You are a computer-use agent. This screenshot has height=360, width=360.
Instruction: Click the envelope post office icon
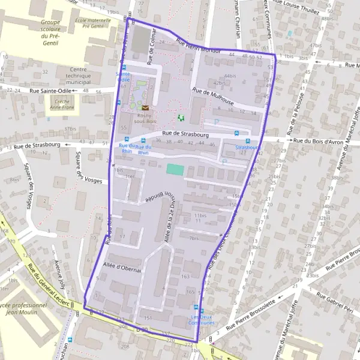click(x=145, y=107)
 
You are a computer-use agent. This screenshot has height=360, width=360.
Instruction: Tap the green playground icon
click(x=181, y=118)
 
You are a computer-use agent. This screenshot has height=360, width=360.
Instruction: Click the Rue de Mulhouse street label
click(x=213, y=96)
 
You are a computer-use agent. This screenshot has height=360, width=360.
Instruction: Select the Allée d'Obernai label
click(x=121, y=268)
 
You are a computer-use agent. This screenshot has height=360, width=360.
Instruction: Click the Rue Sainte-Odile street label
click(x=50, y=91)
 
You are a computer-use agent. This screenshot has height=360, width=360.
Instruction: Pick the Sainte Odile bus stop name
click(x=123, y=76)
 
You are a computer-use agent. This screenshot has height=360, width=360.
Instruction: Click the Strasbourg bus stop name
click(x=247, y=147)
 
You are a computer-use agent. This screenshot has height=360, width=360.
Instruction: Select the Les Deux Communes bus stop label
click(x=202, y=320)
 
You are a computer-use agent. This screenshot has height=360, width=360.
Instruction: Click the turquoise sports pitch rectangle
click(x=175, y=170)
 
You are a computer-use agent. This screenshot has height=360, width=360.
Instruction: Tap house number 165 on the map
click(x=190, y=292)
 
